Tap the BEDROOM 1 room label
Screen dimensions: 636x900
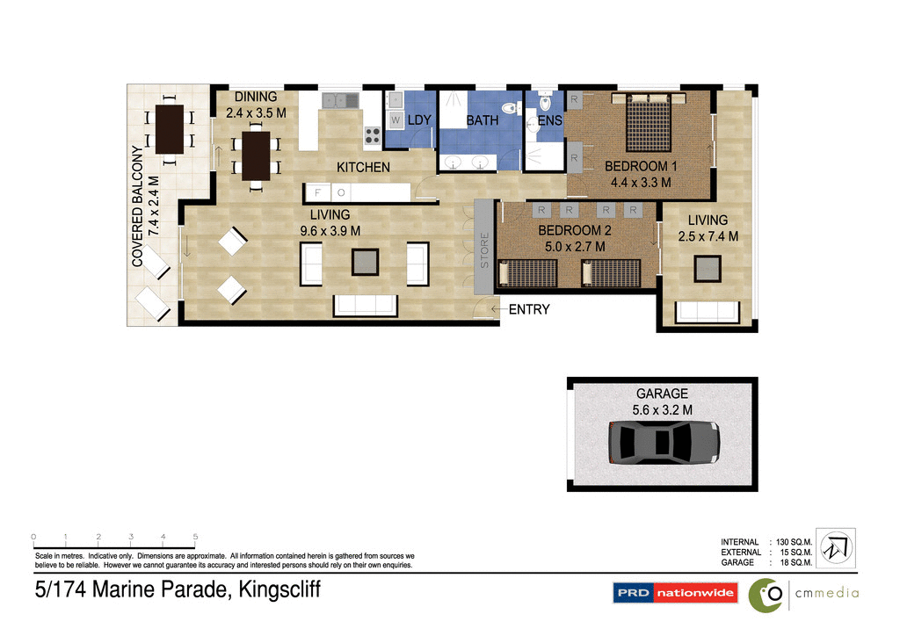(641, 166)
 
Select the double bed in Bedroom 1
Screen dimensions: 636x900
(650, 123)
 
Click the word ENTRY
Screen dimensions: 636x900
(528, 309)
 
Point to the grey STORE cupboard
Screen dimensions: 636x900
(484, 248)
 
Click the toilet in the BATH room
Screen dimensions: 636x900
(508, 109)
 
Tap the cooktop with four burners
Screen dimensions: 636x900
(372, 136)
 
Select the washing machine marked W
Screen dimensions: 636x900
(396, 119)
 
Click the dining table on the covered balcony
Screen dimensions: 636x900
(169, 128)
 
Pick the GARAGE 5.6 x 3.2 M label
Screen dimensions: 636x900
(662, 401)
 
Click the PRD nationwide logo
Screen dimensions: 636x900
(675, 593)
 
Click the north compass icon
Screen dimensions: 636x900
(835, 547)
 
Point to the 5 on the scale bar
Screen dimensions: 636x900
(195, 536)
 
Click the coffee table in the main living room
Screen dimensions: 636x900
(365, 262)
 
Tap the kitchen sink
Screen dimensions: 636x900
(339, 101)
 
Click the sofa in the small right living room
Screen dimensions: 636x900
(707, 311)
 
